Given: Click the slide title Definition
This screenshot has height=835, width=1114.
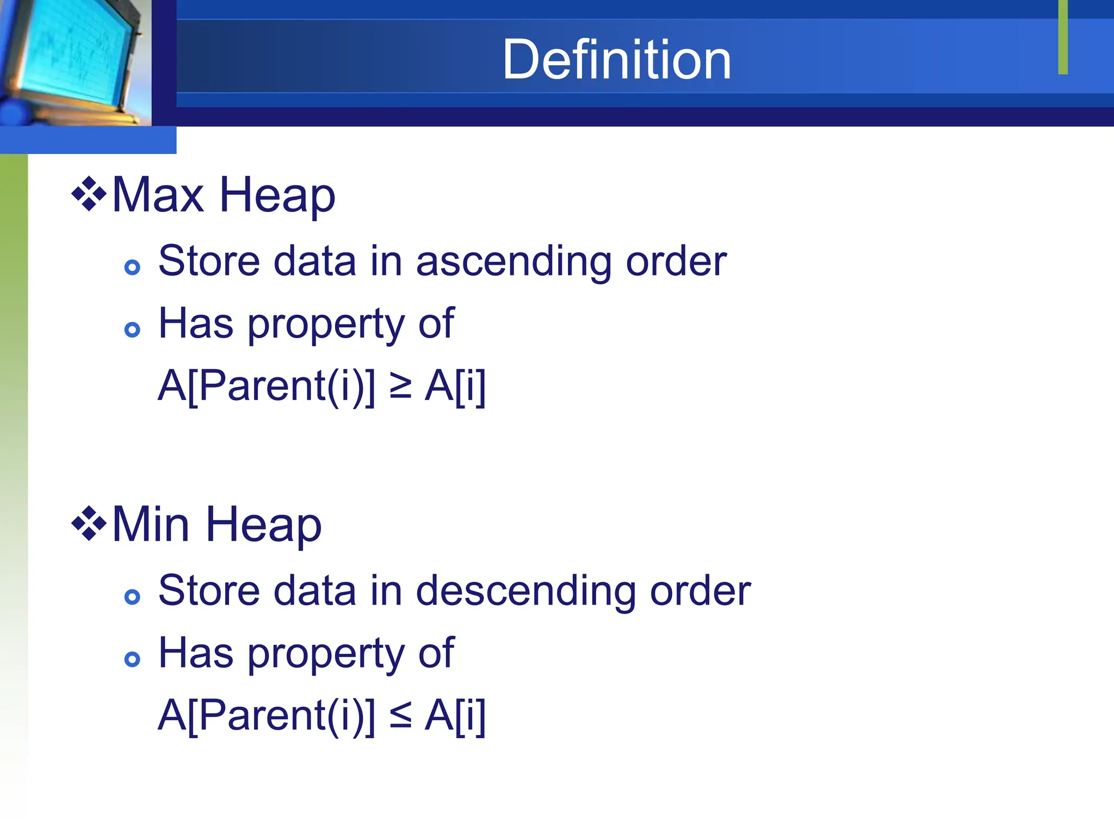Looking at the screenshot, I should tap(616, 59).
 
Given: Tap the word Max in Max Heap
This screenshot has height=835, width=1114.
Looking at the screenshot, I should tap(158, 195).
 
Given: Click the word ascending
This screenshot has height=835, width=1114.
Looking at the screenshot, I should tap(513, 262).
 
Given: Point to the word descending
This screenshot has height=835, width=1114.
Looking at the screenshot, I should tap(525, 591).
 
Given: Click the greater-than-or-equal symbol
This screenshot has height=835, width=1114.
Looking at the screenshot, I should tap(400, 386).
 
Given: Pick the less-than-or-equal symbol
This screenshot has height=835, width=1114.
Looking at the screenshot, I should tap(400, 715).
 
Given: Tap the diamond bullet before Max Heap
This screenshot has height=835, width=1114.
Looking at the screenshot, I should tap(89, 194).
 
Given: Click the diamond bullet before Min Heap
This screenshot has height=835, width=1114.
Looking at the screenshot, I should tap(89, 524).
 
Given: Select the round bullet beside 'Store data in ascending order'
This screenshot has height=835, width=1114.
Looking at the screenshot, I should tap(132, 267).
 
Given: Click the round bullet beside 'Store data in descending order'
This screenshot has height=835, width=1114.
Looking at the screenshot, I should tap(132, 597).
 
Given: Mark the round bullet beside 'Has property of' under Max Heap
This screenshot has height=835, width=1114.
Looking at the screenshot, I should tap(132, 329).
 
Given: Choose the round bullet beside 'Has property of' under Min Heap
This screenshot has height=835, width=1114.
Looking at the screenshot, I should tap(132, 659).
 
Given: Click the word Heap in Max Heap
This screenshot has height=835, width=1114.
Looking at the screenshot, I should tap(277, 196).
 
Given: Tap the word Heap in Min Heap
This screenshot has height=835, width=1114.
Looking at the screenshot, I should tap(264, 526).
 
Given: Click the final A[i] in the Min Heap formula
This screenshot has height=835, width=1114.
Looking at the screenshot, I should tap(455, 716).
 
